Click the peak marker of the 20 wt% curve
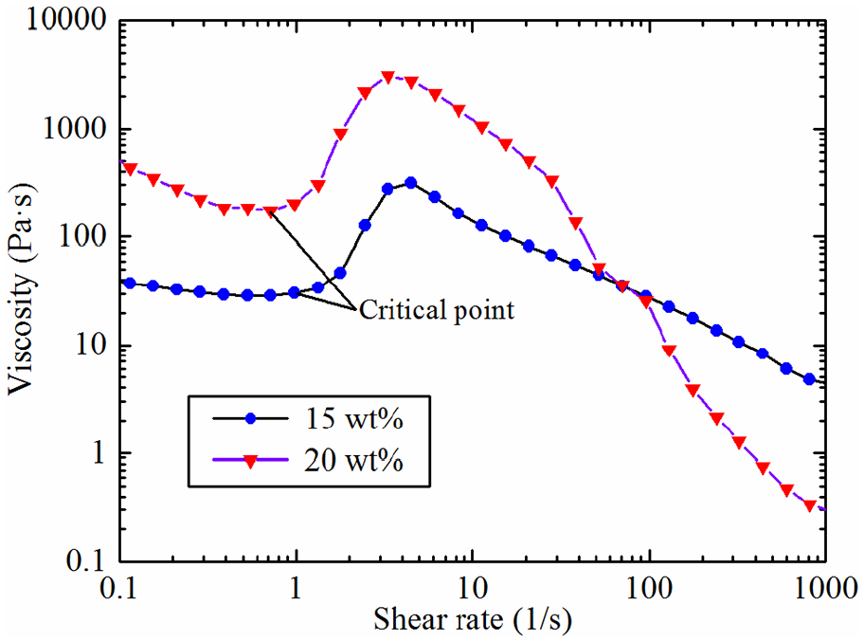click(x=387, y=77)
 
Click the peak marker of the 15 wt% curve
click(x=410, y=183)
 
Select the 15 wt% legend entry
click(x=309, y=419)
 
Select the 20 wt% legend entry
click(x=309, y=460)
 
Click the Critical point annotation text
click(x=437, y=310)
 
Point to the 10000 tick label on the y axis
click(x=65, y=21)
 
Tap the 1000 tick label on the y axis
click(x=74, y=130)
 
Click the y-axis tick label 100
click(x=81, y=237)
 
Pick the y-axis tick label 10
click(x=90, y=345)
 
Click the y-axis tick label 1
click(x=99, y=453)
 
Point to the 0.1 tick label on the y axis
click(x=86, y=561)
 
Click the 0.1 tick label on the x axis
click(x=119, y=588)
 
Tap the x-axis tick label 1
click(x=296, y=588)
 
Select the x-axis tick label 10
click(x=473, y=588)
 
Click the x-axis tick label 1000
click(x=825, y=588)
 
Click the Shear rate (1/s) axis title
click(x=472, y=619)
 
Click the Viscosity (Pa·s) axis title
click(x=21, y=289)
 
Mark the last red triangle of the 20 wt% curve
click(x=809, y=505)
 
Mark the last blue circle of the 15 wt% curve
click(x=809, y=379)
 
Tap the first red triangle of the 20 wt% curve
click(x=130, y=169)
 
